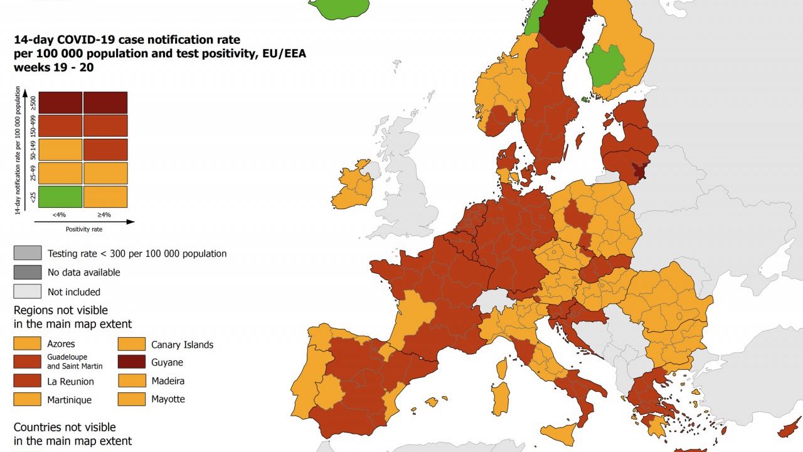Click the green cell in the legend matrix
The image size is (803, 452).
tap(60, 196)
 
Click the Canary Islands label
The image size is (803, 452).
tap(182, 345)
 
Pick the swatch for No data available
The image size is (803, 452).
tap(28, 272)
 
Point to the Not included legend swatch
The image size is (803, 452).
tap(28, 291)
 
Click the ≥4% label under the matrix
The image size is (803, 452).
tap(105, 215)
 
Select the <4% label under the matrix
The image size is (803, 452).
tap(60, 215)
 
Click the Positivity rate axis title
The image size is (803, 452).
tap(83, 229)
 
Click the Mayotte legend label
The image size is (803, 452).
tap(168, 399)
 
